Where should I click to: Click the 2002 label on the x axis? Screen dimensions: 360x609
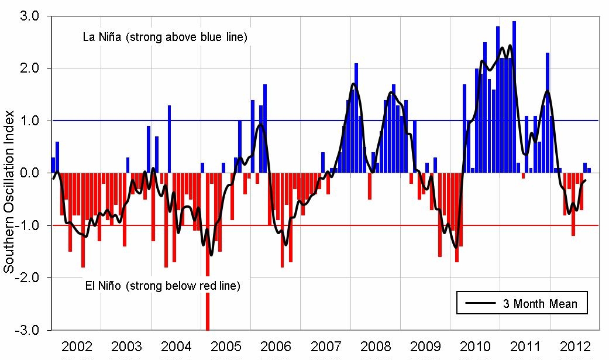pyautogui.click(x=77, y=345)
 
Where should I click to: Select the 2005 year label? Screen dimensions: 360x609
pyautogui.click(x=226, y=345)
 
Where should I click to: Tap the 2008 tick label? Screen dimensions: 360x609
pyautogui.click(x=375, y=345)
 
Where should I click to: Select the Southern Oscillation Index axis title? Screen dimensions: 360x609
pyautogui.click(x=9, y=173)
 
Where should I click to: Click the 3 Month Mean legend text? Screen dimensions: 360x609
pyautogui.click(x=540, y=304)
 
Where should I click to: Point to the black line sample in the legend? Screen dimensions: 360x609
pyautogui.click(x=481, y=304)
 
